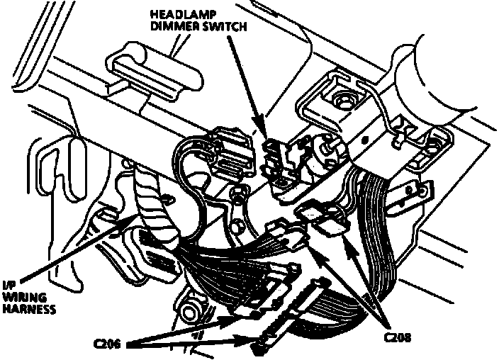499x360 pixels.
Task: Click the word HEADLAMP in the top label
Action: (181, 14)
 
